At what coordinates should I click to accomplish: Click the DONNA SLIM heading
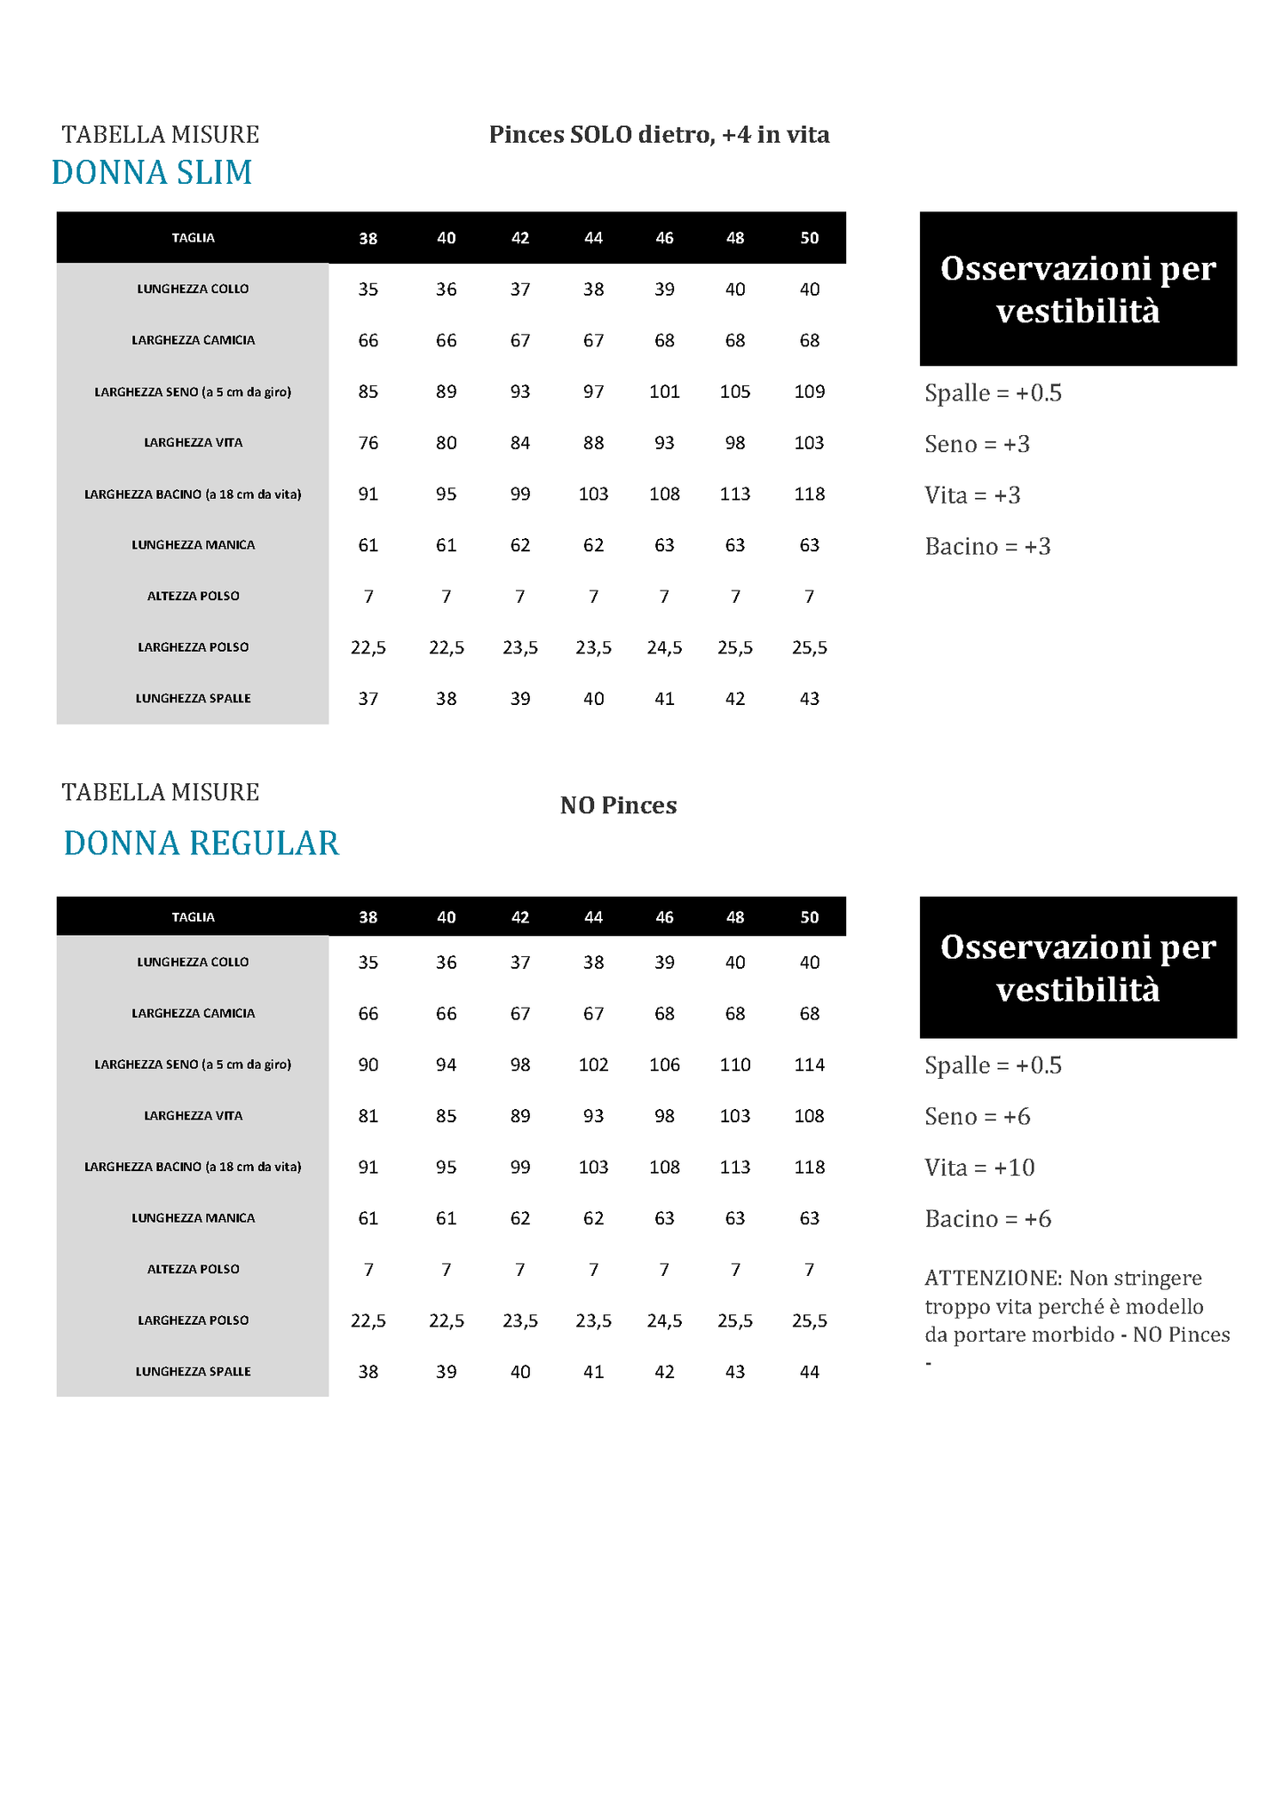(x=152, y=172)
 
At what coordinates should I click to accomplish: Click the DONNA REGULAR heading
(x=202, y=843)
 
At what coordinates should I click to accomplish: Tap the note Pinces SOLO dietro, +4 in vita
(x=659, y=135)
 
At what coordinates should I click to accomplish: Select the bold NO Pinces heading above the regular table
(x=618, y=805)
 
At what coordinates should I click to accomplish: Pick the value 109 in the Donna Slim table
(x=809, y=392)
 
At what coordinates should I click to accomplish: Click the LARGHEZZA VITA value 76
(x=368, y=443)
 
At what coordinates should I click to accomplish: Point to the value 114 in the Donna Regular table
(x=809, y=1065)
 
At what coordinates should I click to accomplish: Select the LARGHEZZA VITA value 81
(x=368, y=1116)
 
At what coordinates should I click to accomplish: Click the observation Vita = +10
(x=979, y=1168)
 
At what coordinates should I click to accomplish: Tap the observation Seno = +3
(x=977, y=444)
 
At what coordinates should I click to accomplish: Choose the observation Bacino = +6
(x=987, y=1219)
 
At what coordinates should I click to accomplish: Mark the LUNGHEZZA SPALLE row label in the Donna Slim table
(x=193, y=699)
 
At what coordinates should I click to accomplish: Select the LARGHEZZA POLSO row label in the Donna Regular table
(x=193, y=1320)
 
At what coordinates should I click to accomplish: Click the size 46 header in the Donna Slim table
(x=664, y=238)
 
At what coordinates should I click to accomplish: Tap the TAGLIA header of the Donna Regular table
(x=193, y=917)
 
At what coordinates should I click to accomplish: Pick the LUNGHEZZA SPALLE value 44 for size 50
(x=809, y=1372)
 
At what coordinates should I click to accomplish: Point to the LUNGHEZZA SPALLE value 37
(x=368, y=699)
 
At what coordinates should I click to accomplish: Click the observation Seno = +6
(x=977, y=1116)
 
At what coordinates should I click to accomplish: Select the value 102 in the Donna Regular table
(x=593, y=1065)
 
